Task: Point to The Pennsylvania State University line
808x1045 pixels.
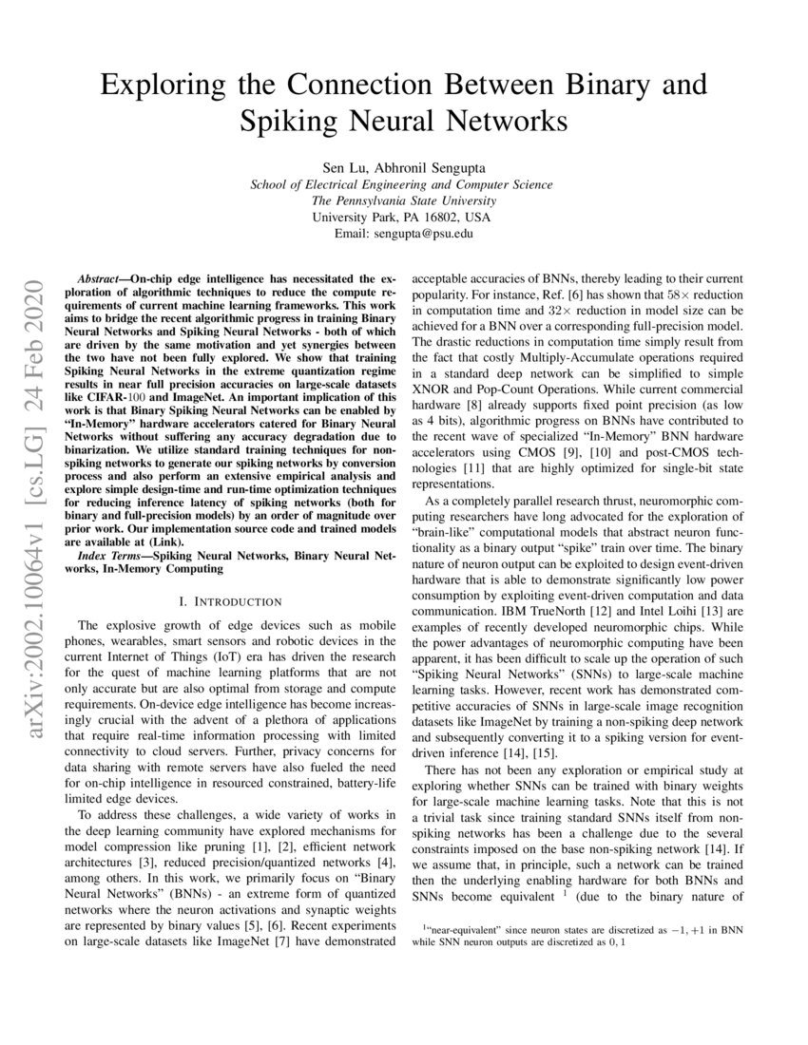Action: click(404, 199)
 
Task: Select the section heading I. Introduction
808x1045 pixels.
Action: click(230, 601)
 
